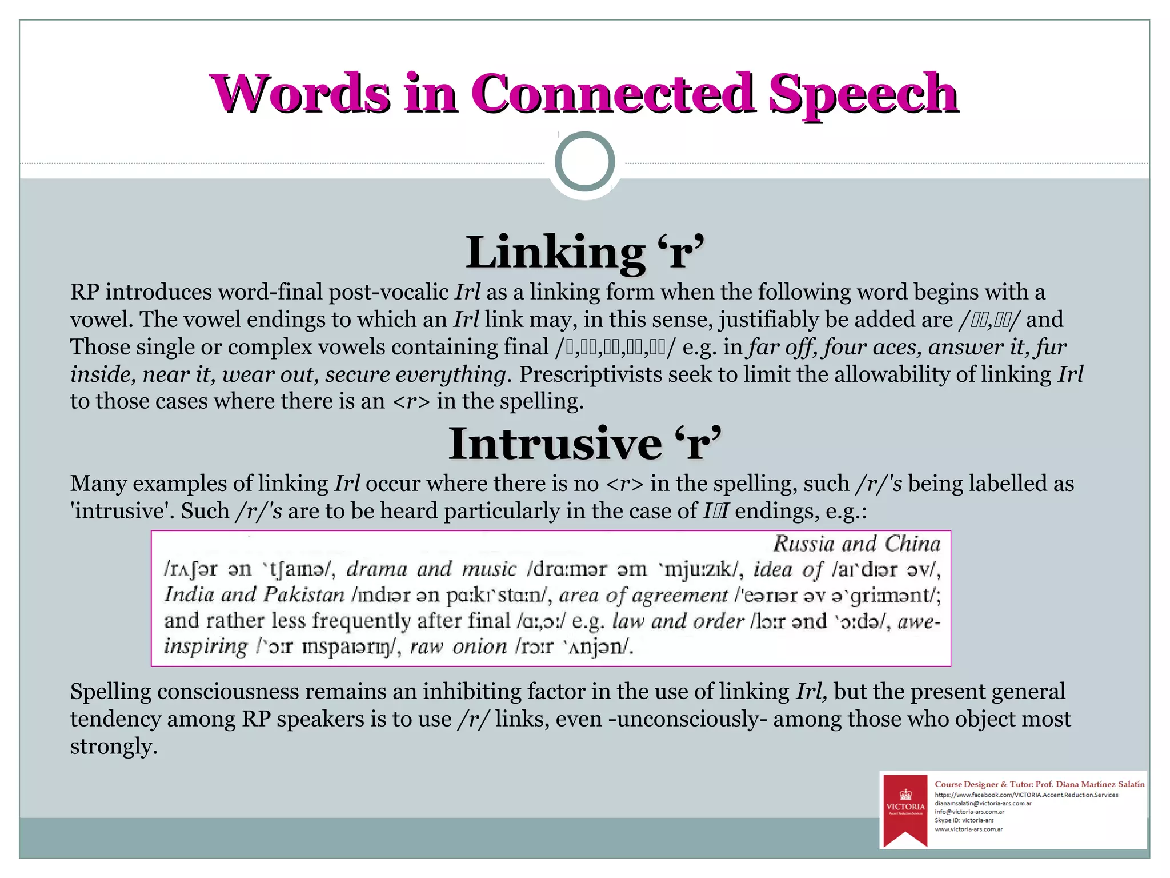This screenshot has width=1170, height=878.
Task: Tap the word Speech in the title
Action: click(863, 93)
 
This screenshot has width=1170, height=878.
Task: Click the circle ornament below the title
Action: click(584, 162)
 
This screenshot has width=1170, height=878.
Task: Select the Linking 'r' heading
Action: click(584, 253)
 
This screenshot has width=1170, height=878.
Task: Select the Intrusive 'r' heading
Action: click(584, 444)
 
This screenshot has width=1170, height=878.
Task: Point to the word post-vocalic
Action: click(388, 292)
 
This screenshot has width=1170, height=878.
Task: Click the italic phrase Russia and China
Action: click(856, 544)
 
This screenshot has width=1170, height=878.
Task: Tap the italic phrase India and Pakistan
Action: click(254, 595)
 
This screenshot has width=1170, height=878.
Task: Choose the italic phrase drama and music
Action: click(431, 569)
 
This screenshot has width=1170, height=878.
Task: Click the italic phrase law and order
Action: click(678, 621)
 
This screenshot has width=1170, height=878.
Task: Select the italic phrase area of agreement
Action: click(643, 596)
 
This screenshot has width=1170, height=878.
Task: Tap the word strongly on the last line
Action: click(113, 747)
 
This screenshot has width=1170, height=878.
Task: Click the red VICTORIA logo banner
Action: click(905, 809)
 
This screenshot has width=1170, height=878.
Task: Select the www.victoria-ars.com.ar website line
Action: click(968, 829)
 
